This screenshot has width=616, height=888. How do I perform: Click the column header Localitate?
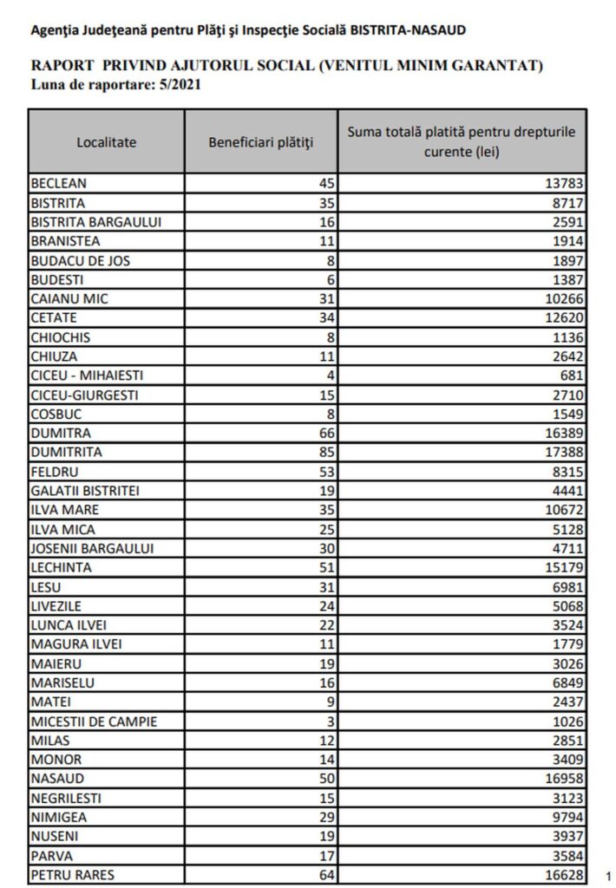[106, 141]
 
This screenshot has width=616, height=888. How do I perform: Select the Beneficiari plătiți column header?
[261, 141]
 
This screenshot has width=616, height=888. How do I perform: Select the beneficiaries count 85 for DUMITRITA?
[326, 452]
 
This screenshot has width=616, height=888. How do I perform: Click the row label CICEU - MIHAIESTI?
[87, 375]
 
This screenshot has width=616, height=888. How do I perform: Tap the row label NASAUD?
[57, 778]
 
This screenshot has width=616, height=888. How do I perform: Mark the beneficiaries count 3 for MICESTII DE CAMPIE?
[331, 721]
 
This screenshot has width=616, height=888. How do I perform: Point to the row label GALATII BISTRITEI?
[86, 490]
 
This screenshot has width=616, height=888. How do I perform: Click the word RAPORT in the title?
[59, 66]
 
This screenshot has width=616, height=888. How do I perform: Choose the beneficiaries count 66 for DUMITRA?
[326, 433]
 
